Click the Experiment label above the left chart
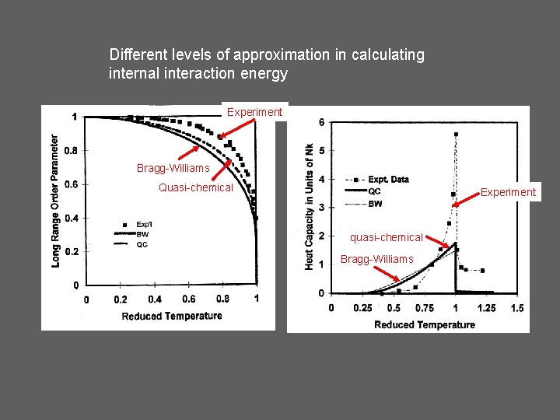click(254, 112)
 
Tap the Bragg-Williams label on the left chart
click(173, 168)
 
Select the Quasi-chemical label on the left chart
click(195, 187)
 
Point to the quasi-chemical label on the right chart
click(386, 237)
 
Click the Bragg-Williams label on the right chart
click(376, 258)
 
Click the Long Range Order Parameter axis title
click(55, 201)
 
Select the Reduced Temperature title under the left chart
click(171, 316)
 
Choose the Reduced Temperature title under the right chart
click(424, 324)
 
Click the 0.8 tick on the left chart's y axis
click(71, 151)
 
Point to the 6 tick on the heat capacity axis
click(322, 122)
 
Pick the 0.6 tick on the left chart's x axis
click(189, 299)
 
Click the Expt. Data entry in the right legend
click(386, 180)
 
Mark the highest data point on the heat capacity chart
click(456, 134)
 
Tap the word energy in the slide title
click(267, 74)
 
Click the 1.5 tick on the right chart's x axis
click(516, 308)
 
